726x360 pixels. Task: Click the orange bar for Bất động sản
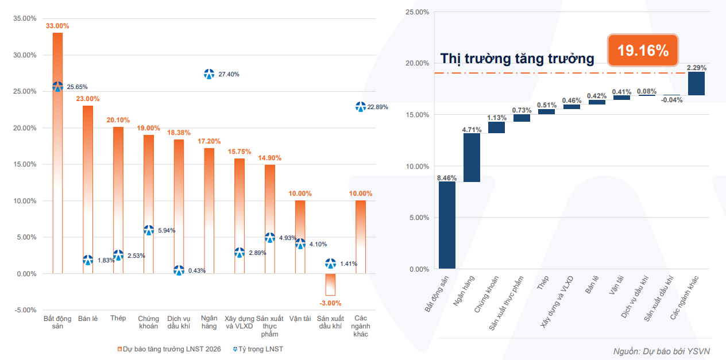[x=57, y=172]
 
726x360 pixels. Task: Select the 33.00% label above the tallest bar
[x=57, y=26]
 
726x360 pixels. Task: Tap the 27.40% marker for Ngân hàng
[x=209, y=74]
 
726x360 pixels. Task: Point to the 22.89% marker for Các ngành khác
[x=361, y=107]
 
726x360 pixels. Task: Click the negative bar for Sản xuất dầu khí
[x=330, y=284]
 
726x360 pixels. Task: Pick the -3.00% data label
[x=330, y=303]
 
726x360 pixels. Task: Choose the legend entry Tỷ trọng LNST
[x=258, y=349]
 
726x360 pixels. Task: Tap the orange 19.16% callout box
[x=643, y=50]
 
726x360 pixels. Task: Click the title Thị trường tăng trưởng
[x=517, y=59]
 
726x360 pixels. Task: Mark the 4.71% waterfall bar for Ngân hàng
[x=472, y=157]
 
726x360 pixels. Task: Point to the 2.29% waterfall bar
[x=696, y=83]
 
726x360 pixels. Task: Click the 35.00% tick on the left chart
[x=24, y=18]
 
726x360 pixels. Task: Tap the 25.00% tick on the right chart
[x=417, y=11]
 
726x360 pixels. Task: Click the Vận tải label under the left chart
[x=300, y=318]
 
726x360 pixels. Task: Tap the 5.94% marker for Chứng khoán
[x=149, y=230]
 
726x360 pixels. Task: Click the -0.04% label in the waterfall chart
[x=672, y=100]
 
